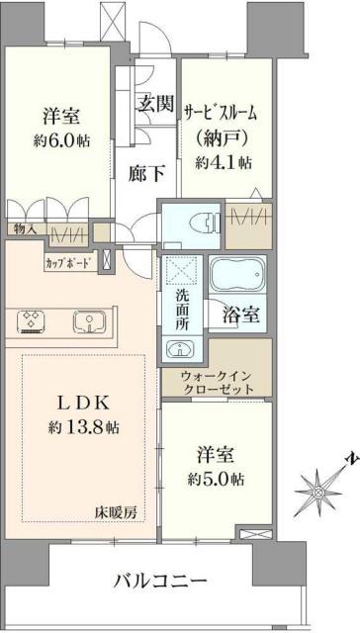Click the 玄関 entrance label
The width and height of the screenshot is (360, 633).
[154, 103]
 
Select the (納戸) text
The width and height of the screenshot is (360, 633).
[225, 136]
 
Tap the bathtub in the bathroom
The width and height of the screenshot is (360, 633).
[237, 274]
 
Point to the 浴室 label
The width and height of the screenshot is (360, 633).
[240, 316]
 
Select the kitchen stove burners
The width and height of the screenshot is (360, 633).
[32, 320]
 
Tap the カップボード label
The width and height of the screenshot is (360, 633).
[69, 264]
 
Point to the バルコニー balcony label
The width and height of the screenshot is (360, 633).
[159, 580]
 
